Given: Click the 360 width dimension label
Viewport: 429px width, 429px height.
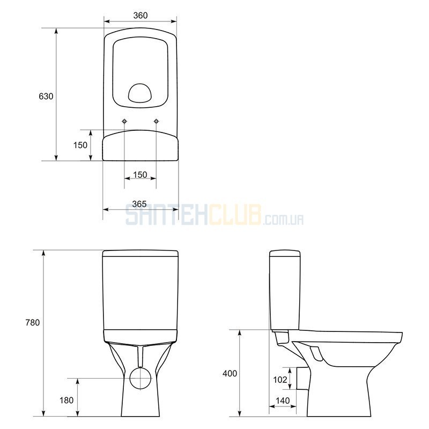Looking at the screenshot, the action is [x=140, y=16].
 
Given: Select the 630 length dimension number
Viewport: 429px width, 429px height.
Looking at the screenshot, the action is [x=46, y=97].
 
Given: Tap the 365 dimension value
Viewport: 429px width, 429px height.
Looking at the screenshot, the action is [x=139, y=204].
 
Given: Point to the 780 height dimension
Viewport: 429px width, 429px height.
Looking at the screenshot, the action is [x=33, y=323].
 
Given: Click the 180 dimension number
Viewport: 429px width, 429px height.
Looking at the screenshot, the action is [x=66, y=400].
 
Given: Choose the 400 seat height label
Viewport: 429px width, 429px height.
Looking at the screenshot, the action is [x=230, y=373].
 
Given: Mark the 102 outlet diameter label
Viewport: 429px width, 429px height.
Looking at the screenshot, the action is [x=280, y=380].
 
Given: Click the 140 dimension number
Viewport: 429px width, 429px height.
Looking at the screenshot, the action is [x=283, y=401].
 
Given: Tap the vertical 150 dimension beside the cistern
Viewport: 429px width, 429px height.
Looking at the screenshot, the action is [x=80, y=145].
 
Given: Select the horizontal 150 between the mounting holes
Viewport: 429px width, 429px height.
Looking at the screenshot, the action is [x=140, y=175].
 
